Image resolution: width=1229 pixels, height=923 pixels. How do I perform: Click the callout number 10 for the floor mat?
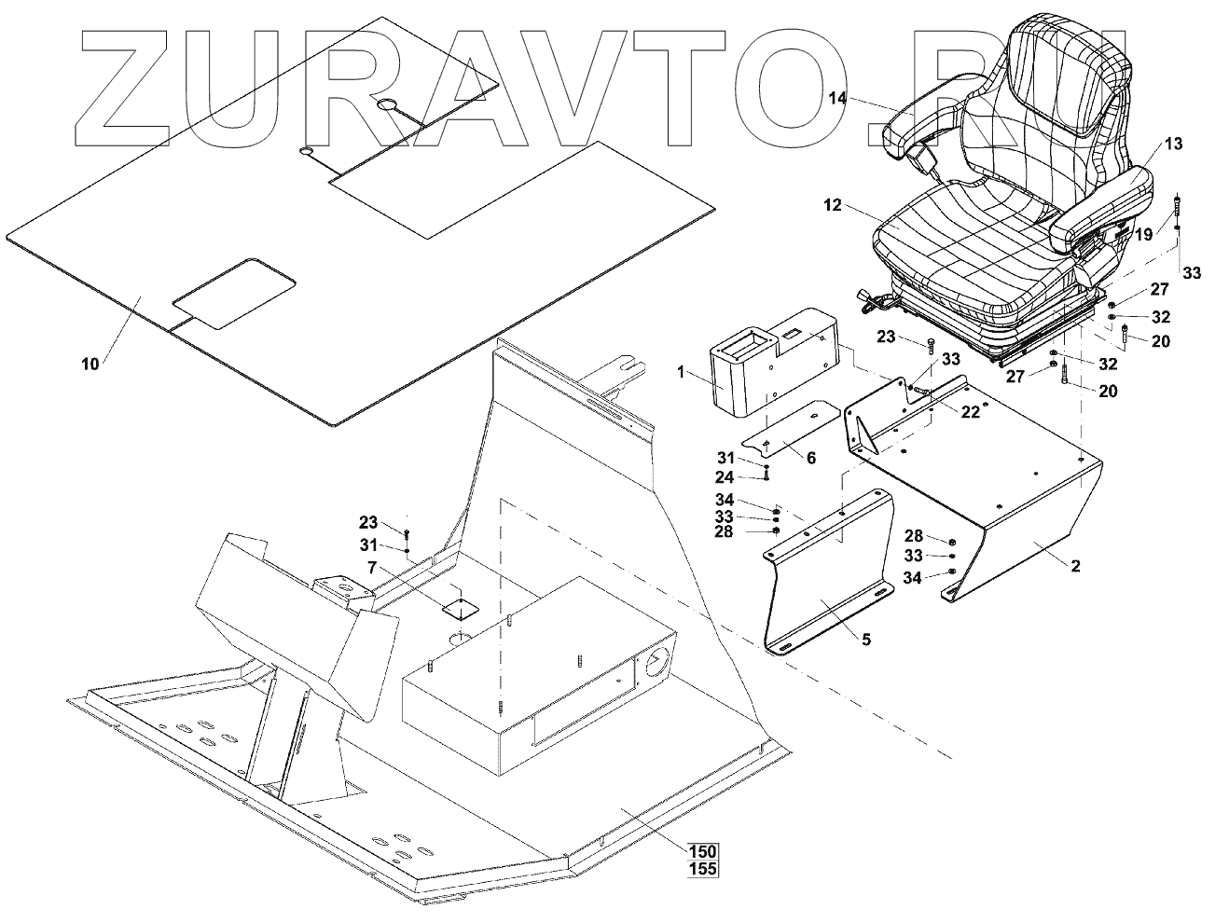(x=90, y=365)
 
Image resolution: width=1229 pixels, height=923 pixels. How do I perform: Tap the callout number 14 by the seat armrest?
(x=836, y=97)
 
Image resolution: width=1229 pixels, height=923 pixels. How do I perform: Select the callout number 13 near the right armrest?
(x=1172, y=144)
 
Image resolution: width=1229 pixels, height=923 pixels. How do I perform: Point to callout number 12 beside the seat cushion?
(x=832, y=203)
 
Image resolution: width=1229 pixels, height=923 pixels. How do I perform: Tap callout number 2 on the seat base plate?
(x=1075, y=566)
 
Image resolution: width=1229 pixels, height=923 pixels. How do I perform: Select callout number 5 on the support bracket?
(x=866, y=641)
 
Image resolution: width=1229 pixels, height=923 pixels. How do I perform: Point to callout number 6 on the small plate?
(x=810, y=458)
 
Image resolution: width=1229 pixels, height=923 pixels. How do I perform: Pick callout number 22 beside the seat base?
(x=970, y=412)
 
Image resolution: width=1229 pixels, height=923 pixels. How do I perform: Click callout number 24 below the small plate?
(x=725, y=476)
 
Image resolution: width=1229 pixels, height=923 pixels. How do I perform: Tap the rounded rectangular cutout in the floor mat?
(x=235, y=293)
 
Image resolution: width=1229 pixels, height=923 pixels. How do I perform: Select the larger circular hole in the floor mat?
(x=386, y=105)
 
